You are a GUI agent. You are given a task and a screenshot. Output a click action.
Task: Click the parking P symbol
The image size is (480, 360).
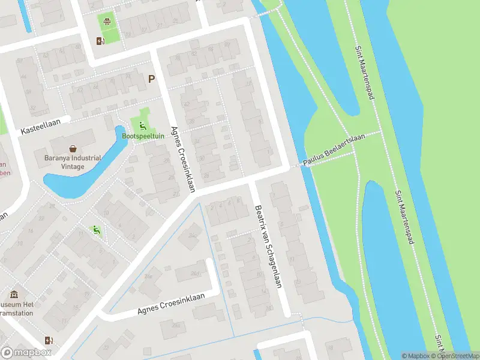[151, 79]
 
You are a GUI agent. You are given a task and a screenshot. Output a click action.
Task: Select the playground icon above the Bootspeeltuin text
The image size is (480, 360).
[142, 125]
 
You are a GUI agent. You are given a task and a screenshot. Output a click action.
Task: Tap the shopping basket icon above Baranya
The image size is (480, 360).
[73, 148]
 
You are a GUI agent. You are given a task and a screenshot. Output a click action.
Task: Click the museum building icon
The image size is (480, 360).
[14, 295]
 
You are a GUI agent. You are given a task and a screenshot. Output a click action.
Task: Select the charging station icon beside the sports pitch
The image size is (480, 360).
[100, 41]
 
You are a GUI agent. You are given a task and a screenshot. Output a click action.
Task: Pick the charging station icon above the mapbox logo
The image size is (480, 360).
[48, 340]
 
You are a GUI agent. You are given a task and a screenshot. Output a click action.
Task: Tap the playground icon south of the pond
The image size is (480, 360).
[95, 229]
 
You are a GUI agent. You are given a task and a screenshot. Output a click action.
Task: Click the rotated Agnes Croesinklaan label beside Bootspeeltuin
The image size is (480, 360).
[183, 159]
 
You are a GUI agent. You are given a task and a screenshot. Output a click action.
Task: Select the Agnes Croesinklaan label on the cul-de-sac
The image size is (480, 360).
[170, 303]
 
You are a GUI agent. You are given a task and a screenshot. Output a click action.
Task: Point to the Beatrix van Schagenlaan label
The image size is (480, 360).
[268, 245]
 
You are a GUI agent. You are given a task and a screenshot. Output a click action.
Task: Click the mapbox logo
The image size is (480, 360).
[26, 353]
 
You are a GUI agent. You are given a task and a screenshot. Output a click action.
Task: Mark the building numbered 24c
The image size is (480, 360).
[193, 235]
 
